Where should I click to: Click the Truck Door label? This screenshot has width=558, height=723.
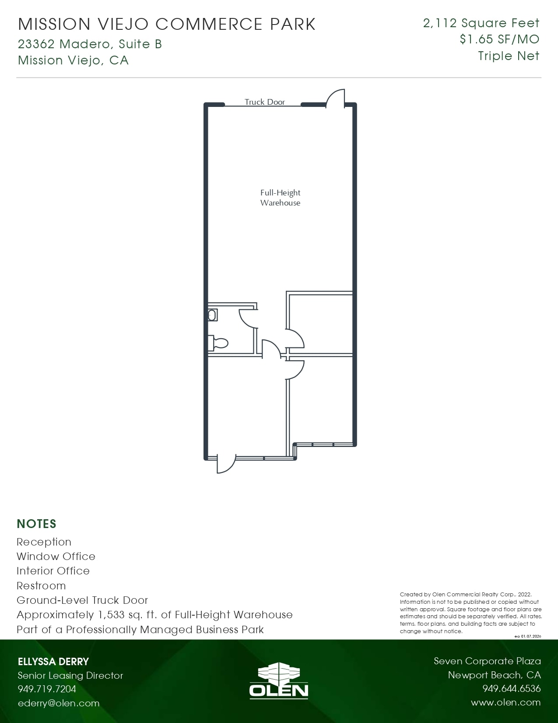coord(264,102)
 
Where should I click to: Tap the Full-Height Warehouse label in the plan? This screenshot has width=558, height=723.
coord(280,198)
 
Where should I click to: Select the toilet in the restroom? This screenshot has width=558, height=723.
coord(219,343)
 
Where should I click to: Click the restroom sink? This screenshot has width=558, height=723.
coord(213,315)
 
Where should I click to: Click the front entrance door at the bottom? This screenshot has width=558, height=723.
coord(225,464)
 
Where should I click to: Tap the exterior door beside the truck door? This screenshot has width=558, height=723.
coord(336,97)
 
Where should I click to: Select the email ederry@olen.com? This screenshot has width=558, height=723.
coord(59,703)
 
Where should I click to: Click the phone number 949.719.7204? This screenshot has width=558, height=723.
coord(47,689)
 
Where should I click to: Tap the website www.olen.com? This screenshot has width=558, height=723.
coord(505,702)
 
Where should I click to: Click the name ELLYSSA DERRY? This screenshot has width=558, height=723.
coord(53,662)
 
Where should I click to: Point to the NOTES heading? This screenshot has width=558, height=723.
coord(37,524)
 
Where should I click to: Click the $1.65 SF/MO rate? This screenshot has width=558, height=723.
coord(499,39)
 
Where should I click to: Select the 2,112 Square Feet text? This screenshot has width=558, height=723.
coord(481,23)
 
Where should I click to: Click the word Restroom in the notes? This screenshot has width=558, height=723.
coord(41,586)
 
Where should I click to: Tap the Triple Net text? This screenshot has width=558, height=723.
coord(509,56)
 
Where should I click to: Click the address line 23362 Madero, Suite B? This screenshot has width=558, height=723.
coord(90,44)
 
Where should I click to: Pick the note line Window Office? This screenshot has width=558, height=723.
coord(56,556)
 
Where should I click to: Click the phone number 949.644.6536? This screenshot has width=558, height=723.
coord(511,689)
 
